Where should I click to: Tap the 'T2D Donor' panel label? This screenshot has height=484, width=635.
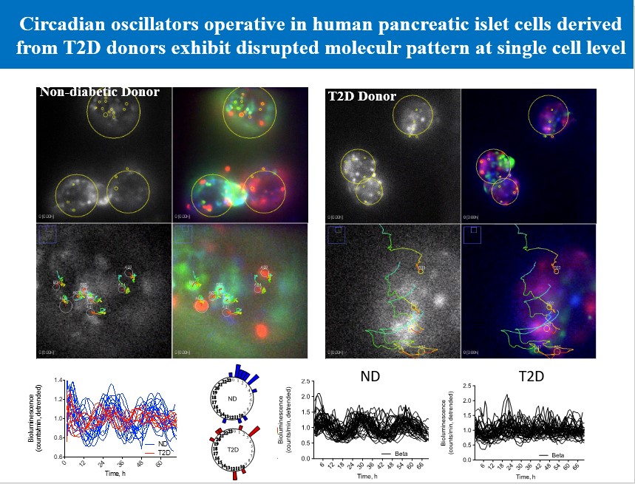tap(362, 96)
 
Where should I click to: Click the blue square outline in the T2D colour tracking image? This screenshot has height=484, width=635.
tap(471, 234)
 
